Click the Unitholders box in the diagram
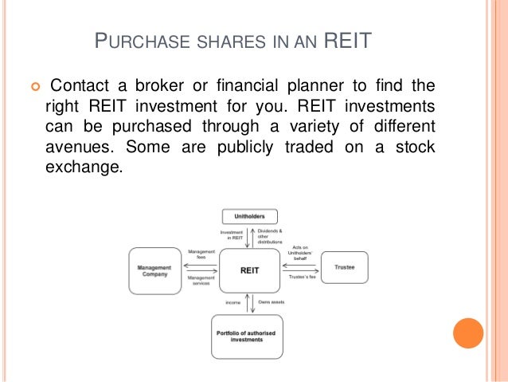pyautogui.click(x=249, y=216)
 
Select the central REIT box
pyautogui.click(x=249, y=270)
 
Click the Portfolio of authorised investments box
pyautogui.click(x=249, y=335)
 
